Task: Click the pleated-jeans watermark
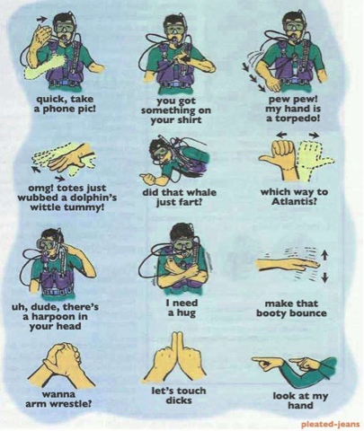tap(330, 424)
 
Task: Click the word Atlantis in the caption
tap(292, 201)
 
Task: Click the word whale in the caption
tap(201, 192)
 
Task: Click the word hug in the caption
tap(188, 313)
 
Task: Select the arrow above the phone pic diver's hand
tap(42, 20)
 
